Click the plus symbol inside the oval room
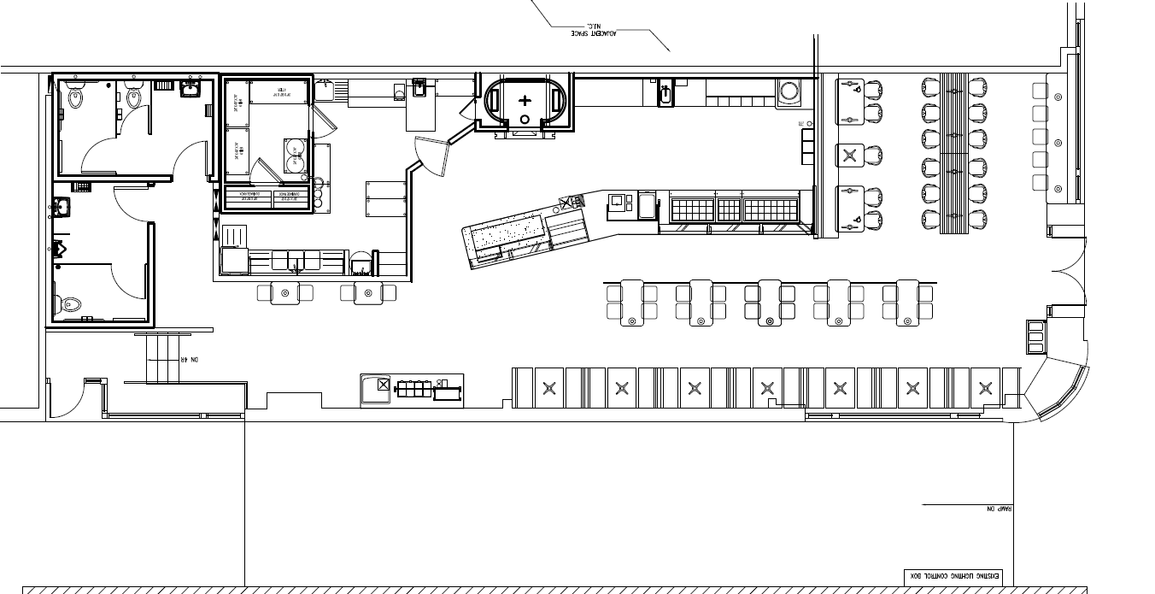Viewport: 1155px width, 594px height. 525,100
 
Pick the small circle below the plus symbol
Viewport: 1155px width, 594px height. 525,119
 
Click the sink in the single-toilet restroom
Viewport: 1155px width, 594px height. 62,206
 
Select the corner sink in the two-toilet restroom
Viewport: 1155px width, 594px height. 191,89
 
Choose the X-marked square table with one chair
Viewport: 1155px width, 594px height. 848,155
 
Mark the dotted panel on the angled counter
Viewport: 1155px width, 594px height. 504,232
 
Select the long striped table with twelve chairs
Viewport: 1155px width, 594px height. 953,154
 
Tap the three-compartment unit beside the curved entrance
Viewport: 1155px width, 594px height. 1035,338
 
